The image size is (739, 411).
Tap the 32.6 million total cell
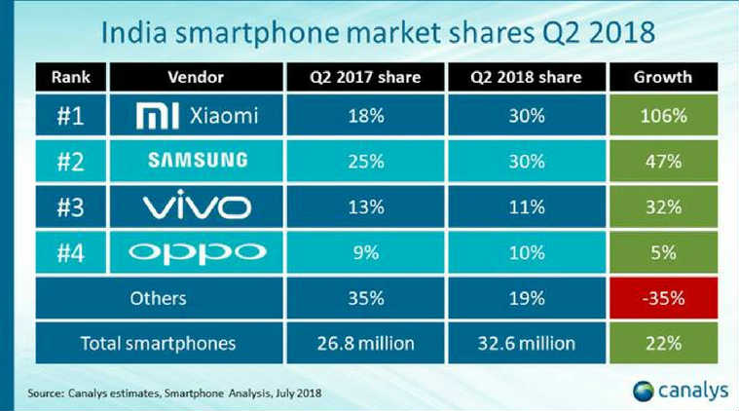(530, 343)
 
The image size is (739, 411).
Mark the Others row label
(158, 298)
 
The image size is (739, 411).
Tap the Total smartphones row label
(158, 343)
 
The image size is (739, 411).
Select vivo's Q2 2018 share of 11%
(530, 206)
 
